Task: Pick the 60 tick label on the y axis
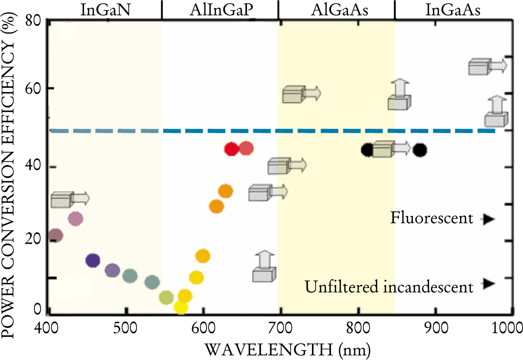tap(32, 89)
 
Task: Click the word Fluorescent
tap(431, 219)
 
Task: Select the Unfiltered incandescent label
tap(389, 286)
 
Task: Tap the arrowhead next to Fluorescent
tap(489, 220)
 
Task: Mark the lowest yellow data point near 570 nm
tap(181, 307)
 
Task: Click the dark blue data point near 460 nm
tap(93, 260)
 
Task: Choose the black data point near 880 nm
tap(420, 150)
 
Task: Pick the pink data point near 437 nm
tap(75, 219)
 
